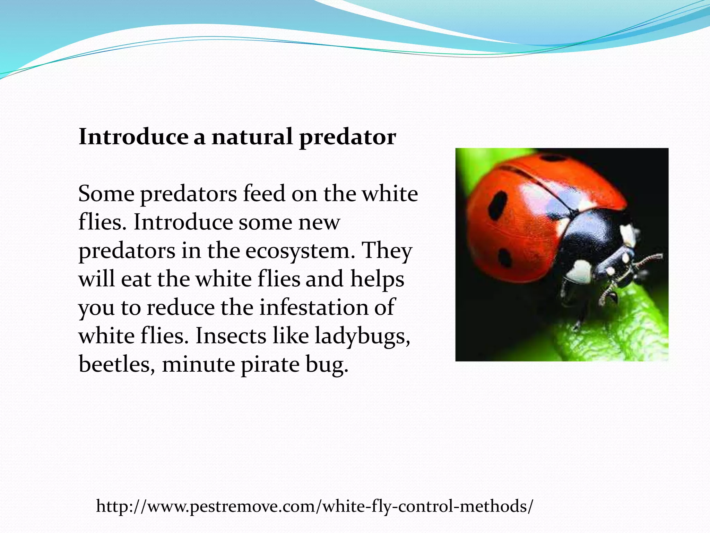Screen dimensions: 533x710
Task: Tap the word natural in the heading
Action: pyautogui.click(x=252, y=137)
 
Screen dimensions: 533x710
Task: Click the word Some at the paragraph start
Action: pyautogui.click(x=106, y=194)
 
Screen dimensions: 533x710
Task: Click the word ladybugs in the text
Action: pyautogui.click(x=362, y=337)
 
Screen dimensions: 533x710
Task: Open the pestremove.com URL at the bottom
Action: pyautogui.click(x=314, y=506)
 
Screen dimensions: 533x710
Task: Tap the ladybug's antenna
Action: pyautogui.click(x=648, y=259)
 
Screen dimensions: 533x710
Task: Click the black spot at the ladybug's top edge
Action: pyautogui.click(x=553, y=159)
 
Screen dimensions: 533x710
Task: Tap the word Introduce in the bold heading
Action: pyautogui.click(x=133, y=137)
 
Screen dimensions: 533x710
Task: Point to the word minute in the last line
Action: pyautogui.click(x=198, y=364)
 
